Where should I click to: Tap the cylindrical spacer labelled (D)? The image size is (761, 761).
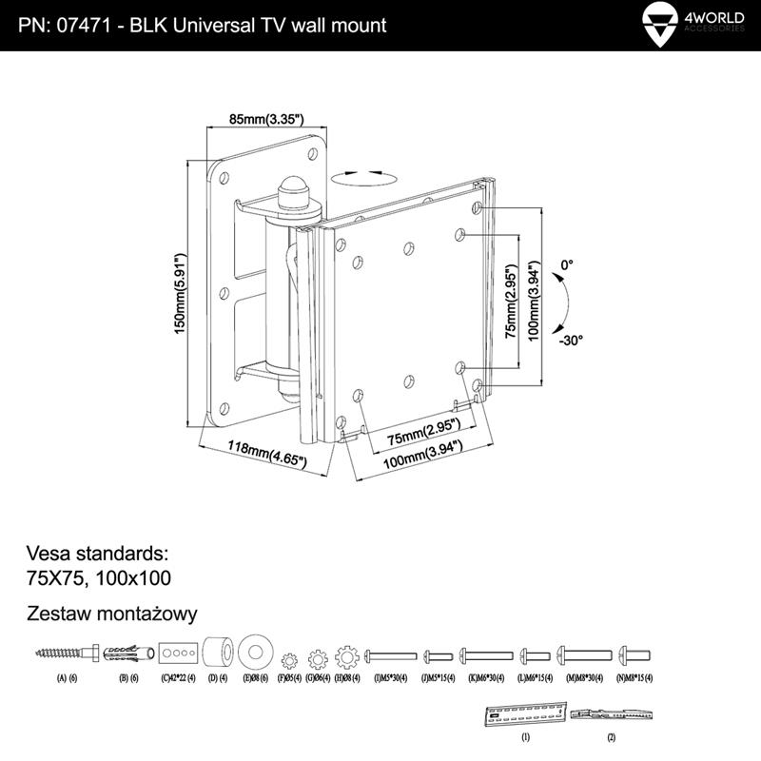pyautogui.click(x=218, y=654)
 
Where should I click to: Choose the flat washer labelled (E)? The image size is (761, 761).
pyautogui.click(x=256, y=654)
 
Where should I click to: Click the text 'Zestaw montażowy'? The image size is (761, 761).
pyautogui.click(x=113, y=614)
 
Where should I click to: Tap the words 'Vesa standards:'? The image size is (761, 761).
pyautogui.click(x=97, y=553)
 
